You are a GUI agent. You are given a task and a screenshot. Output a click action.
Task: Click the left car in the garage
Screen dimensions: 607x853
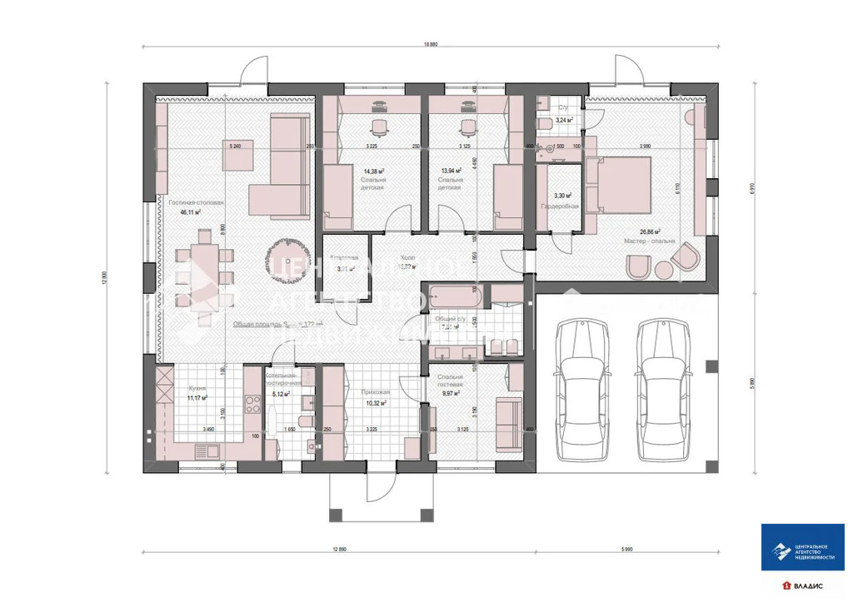[x=586, y=390]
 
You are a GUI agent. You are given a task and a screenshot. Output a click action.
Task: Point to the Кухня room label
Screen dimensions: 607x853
[x=197, y=388]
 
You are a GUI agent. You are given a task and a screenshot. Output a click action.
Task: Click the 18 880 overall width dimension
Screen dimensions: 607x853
[x=430, y=44]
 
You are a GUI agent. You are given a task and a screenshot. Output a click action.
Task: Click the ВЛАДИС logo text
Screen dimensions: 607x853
[x=806, y=586]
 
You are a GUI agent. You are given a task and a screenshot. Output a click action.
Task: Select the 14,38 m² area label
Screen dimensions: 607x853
[x=373, y=170]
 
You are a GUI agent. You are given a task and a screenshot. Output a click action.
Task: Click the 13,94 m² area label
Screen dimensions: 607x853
[x=451, y=170]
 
